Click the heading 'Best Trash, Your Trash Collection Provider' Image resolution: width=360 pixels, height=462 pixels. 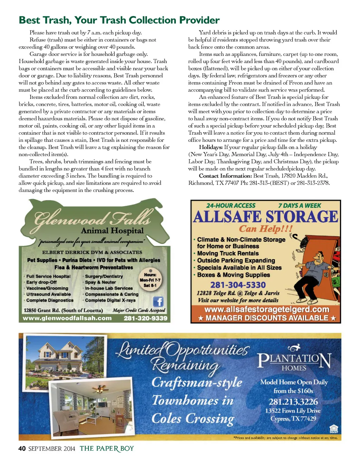point(119,20)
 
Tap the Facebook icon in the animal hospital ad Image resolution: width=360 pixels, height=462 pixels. point(158,301)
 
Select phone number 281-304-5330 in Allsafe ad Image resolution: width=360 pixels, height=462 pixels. point(238,285)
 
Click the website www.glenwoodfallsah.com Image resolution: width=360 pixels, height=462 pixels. point(67,318)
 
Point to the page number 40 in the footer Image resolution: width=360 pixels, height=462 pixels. point(22,449)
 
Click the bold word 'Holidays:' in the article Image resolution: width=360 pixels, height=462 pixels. point(211,147)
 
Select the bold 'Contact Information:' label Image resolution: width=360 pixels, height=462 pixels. point(225,176)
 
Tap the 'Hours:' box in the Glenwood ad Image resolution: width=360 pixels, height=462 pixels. point(150,280)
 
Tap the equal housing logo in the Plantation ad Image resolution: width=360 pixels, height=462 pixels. point(333,429)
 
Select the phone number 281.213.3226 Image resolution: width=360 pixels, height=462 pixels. point(293,402)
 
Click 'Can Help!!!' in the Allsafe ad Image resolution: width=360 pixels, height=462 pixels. point(266,229)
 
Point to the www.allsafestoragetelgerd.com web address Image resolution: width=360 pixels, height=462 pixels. point(267,309)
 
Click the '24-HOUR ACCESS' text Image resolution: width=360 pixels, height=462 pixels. point(231,206)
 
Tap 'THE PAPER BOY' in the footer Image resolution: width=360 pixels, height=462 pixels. point(107,449)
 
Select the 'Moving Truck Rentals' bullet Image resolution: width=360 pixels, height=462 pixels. point(228,254)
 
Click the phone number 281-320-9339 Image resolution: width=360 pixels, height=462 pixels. point(145,318)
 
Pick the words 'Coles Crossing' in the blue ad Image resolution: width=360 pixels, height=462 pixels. point(193,419)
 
